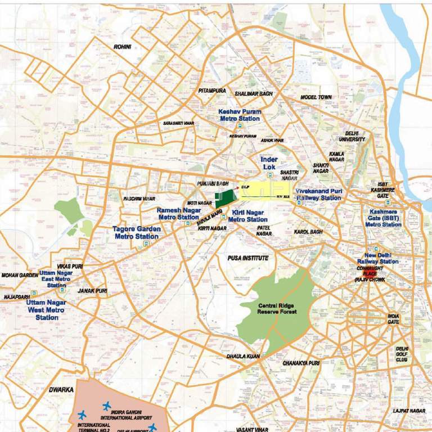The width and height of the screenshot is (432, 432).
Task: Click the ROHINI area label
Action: (x=122, y=47)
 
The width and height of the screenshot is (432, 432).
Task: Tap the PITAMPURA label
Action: (x=212, y=91)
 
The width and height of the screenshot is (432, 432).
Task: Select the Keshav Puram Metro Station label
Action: (x=240, y=115)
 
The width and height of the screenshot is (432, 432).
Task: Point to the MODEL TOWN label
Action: (x=316, y=97)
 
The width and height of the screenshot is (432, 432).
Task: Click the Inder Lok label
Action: (x=269, y=164)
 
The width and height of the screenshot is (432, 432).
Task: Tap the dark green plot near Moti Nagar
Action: (x=225, y=199)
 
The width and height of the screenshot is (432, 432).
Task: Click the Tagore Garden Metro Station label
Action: (x=137, y=233)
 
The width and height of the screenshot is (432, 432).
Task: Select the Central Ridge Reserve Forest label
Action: (x=276, y=308)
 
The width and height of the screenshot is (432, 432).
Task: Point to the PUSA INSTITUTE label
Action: (x=248, y=258)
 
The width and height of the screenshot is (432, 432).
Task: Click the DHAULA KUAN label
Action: (x=243, y=357)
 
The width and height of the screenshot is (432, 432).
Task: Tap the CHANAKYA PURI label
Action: (x=301, y=363)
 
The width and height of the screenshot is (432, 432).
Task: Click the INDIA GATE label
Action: (x=393, y=319)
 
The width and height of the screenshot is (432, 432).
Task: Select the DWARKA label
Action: (x=61, y=389)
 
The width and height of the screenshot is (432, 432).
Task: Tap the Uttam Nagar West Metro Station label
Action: (x=46, y=310)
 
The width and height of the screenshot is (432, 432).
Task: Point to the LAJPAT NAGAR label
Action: (x=409, y=411)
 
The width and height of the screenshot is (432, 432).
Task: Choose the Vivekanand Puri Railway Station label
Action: (x=318, y=195)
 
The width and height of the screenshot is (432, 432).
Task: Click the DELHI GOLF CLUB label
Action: (x=402, y=354)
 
